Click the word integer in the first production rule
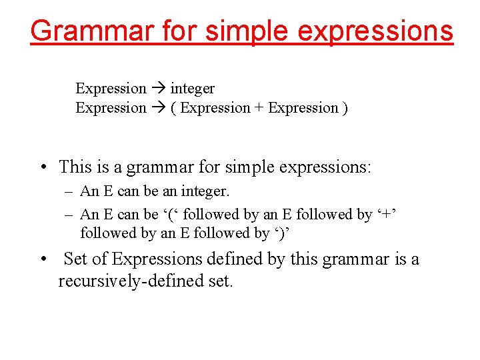(193, 88)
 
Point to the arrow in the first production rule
(159, 88)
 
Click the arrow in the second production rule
(159, 107)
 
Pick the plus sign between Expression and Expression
(259, 107)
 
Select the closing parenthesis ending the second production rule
(345, 107)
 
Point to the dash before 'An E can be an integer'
(69, 192)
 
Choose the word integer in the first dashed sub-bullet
(203, 192)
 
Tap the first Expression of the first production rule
(111, 88)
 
